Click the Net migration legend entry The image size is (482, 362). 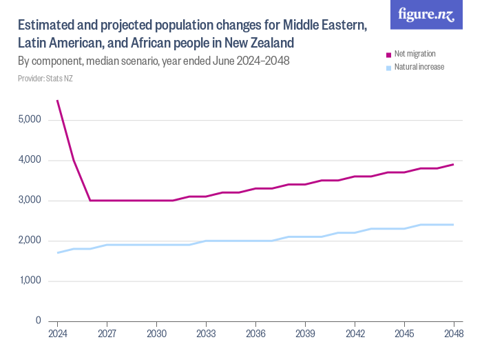[x=414, y=54]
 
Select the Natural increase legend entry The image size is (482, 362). [x=419, y=68]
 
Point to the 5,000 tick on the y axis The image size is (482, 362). [x=30, y=120]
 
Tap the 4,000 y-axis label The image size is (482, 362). [x=30, y=160]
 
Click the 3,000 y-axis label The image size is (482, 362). [x=30, y=201]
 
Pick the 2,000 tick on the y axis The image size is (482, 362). [x=30, y=241]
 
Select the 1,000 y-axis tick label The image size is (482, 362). [x=30, y=281]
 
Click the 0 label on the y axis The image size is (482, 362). [x=38, y=321]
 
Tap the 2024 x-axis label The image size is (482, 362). [x=57, y=333]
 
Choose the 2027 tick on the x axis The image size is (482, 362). [x=107, y=333]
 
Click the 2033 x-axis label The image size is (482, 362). [x=206, y=333]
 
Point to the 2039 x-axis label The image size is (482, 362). [x=305, y=333]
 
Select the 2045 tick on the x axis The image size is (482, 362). [x=404, y=333]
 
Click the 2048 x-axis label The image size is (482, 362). [x=453, y=333]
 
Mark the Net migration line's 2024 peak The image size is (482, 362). [x=57, y=101]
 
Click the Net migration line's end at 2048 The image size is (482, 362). [x=453, y=164]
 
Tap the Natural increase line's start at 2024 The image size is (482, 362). [x=58, y=252]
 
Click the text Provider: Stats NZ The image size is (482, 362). [x=45, y=78]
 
